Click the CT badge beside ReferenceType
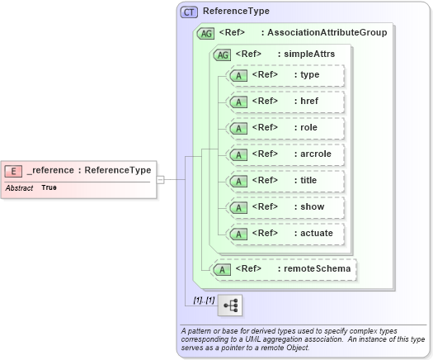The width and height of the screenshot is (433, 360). [x=190, y=12]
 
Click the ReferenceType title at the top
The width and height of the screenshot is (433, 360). [x=236, y=12]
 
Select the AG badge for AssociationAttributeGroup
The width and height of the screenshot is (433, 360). [x=205, y=33]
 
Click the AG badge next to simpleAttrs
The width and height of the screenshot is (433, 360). [x=221, y=54]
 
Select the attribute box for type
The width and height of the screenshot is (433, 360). [x=284, y=75]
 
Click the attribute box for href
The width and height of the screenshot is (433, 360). [x=284, y=102]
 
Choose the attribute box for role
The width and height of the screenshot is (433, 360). [x=284, y=128]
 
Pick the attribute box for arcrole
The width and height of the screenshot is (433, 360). [x=284, y=154]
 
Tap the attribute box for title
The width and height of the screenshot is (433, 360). [x=284, y=181]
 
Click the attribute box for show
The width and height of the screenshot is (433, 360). [x=284, y=207]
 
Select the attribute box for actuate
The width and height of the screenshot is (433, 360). [x=284, y=234]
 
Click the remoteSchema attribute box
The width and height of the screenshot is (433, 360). [x=285, y=268]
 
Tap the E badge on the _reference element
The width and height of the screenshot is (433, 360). [x=13, y=171]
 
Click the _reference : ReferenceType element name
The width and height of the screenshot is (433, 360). [x=88, y=171]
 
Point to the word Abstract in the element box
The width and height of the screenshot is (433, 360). [x=19, y=188]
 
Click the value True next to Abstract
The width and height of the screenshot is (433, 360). [x=49, y=188]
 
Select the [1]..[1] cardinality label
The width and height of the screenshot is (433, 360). [x=204, y=301]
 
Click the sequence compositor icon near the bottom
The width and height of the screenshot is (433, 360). [x=230, y=306]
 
